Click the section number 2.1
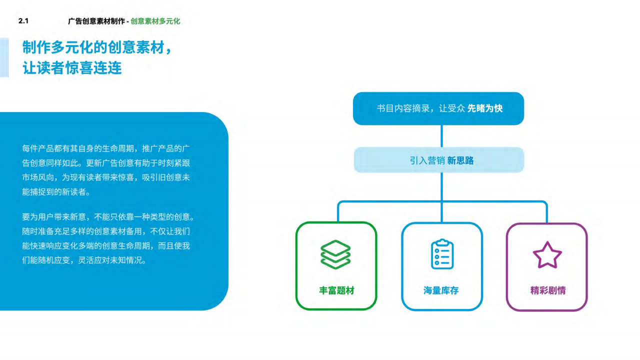23,21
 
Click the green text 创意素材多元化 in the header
155,21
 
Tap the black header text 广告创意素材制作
96,21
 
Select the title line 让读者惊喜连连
72,68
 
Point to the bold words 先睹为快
485,108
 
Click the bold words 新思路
460,160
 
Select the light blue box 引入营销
439,160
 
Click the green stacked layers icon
335,254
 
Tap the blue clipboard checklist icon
442,254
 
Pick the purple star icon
547,255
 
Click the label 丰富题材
336,290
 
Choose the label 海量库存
441,290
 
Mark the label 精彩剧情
547,290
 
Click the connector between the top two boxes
441,136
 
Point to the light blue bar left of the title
4,57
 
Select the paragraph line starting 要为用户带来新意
108,217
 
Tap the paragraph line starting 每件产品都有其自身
106,148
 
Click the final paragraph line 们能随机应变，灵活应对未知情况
84,260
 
